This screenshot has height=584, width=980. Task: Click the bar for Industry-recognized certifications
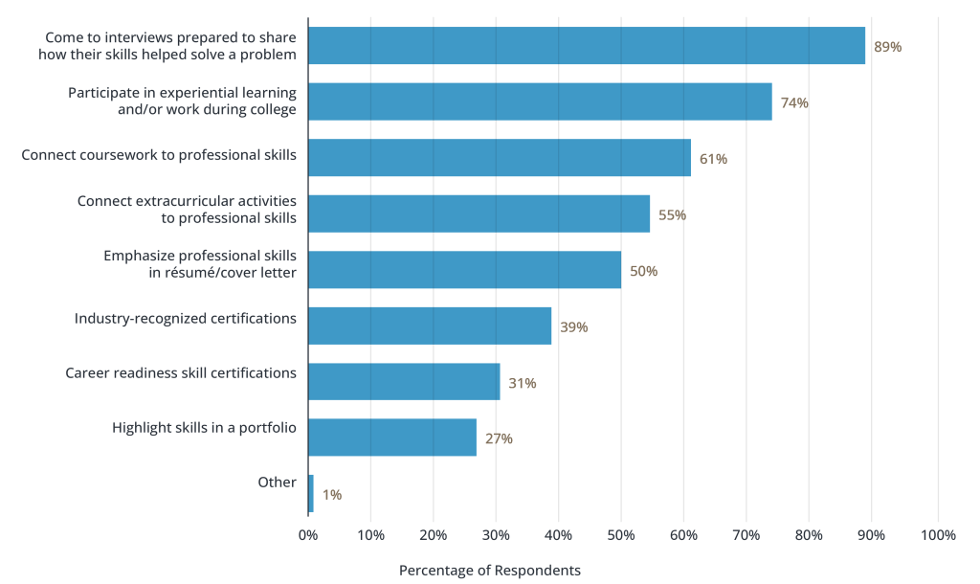tap(430, 326)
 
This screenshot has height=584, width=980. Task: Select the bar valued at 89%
tap(586, 46)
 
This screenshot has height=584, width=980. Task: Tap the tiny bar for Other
tap(311, 493)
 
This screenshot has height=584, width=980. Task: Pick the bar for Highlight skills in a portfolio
tap(392, 438)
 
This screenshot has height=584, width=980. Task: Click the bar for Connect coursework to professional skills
tap(499, 158)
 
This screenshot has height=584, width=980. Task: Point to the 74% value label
tap(794, 102)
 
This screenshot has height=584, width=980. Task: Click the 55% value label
tap(672, 214)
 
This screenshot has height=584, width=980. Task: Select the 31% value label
tap(522, 383)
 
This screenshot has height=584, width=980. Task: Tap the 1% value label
tap(331, 495)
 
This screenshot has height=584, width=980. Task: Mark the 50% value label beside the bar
tap(643, 271)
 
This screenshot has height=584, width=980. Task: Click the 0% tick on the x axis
tap(308, 535)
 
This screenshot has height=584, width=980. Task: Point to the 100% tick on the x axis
tap(937, 535)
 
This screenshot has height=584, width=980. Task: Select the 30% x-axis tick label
tap(496, 535)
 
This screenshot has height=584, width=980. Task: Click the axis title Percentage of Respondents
tap(489, 571)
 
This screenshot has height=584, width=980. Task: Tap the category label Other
tap(277, 483)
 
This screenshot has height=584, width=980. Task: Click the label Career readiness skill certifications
tap(180, 372)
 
